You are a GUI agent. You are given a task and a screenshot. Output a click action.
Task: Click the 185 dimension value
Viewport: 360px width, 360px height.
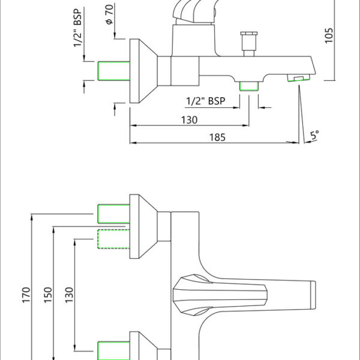pos(217,137)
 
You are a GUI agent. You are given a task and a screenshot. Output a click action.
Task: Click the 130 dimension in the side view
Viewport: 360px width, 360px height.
pos(189,119)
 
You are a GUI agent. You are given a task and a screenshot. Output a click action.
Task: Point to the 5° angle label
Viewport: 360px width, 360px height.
pos(314,136)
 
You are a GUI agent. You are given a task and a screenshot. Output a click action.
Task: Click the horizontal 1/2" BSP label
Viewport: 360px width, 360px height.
pos(206,101)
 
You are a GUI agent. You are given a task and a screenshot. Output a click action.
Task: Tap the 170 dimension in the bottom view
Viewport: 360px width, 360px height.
pos(26,296)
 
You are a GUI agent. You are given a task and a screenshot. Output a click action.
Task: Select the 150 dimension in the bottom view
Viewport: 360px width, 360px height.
pos(48,295)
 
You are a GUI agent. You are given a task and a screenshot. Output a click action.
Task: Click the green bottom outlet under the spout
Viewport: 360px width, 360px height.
pos(248,86)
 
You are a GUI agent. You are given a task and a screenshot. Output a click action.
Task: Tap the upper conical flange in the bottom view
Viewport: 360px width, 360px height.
pos(143,227)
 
